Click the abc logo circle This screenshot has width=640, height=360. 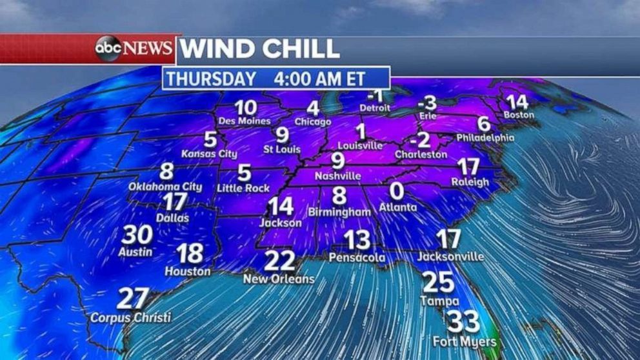pyautogui.click(x=108, y=49)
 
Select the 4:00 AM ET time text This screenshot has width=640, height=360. pyautogui.click(x=319, y=79)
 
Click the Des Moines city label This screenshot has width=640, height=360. pyautogui.click(x=245, y=121)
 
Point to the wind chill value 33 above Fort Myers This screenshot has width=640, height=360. pyautogui.click(x=463, y=321)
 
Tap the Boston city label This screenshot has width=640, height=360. pyautogui.click(x=519, y=115)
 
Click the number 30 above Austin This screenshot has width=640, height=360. pyautogui.click(x=136, y=235)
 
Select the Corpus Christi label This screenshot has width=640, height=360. pyautogui.click(x=130, y=317)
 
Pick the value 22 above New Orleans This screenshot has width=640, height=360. pyautogui.click(x=280, y=261)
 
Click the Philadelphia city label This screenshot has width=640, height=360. pyautogui.click(x=485, y=137)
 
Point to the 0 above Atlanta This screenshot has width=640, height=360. pyautogui.click(x=397, y=191)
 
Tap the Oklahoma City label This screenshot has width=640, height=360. pyautogui.click(x=165, y=186)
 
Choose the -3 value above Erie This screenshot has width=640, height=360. pyautogui.click(x=426, y=103)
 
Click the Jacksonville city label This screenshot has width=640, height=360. pyautogui.click(x=450, y=256)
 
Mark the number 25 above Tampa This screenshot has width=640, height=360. pyautogui.click(x=439, y=283)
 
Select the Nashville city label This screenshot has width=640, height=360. pyautogui.click(x=337, y=175)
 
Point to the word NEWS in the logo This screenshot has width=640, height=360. pyautogui.click(x=148, y=49)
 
